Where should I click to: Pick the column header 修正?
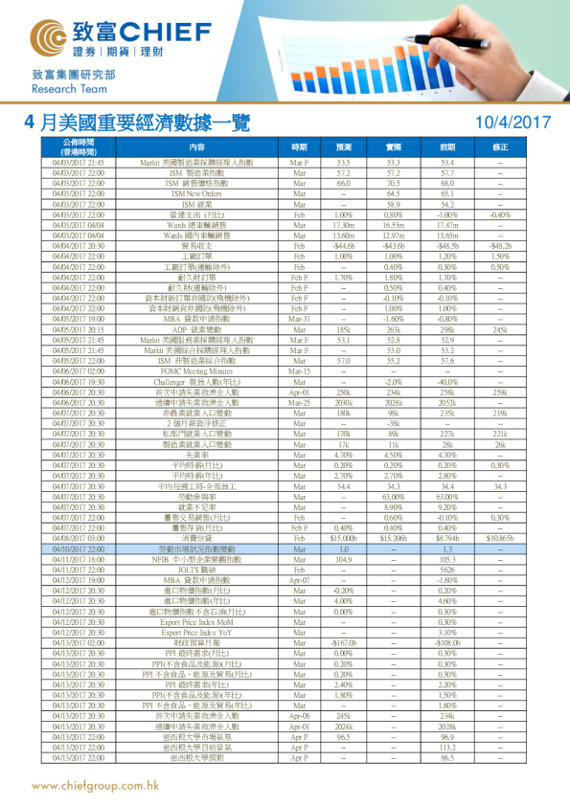pyautogui.click(x=499, y=147)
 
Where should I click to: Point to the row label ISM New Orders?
pyautogui.click(x=196, y=193)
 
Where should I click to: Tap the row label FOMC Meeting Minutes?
pyautogui.click(x=196, y=369)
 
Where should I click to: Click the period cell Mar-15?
pyautogui.click(x=299, y=369)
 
